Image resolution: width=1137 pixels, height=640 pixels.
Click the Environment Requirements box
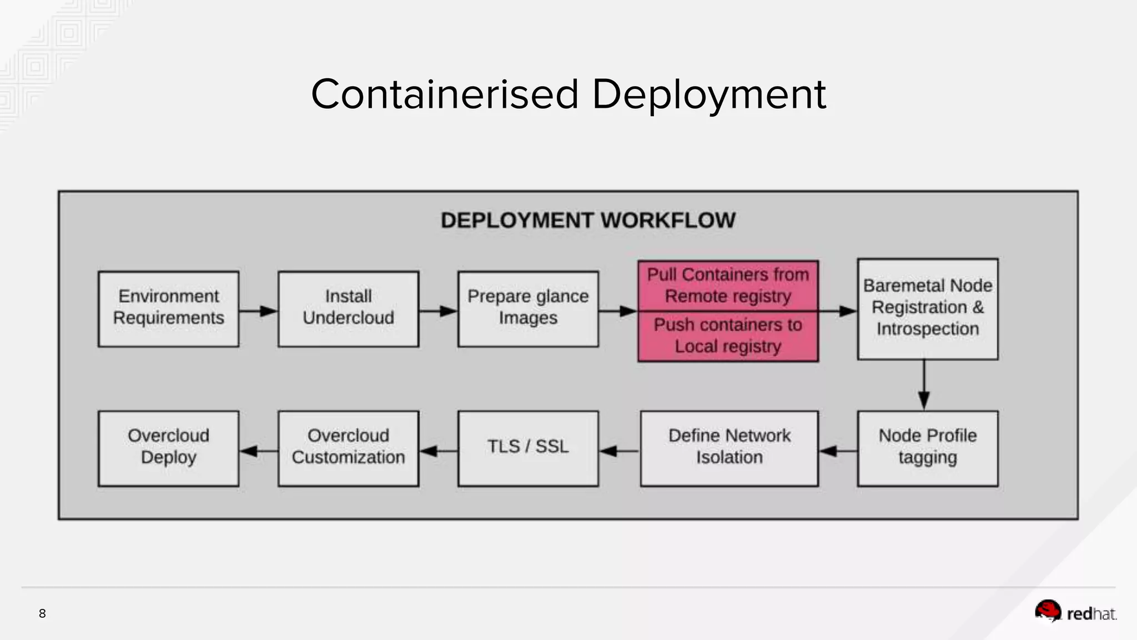pos(168,309)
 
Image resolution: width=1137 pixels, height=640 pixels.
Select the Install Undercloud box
pos(348,309)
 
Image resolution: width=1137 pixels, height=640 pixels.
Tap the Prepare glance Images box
pos(528,309)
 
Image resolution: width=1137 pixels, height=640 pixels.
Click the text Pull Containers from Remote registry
pos(728,285)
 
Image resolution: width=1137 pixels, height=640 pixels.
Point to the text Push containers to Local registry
pos(728,336)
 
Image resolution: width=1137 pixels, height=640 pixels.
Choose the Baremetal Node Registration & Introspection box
pos(927,309)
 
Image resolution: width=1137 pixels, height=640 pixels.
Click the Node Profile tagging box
pos(927,448)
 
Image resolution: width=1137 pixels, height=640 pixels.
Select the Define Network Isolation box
pos(729,448)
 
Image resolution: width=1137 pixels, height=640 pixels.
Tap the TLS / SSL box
pos(528,448)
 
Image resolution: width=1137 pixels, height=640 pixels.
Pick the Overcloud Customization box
pos(348,448)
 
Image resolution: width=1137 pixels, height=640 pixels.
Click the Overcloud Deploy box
pos(168,448)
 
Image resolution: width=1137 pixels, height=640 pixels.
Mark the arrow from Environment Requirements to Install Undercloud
pos(259,311)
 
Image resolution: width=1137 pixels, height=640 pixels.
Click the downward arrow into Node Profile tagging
pos(924,386)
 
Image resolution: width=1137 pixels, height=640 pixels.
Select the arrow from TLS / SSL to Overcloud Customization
pos(439,451)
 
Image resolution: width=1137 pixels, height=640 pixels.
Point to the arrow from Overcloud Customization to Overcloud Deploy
pos(259,451)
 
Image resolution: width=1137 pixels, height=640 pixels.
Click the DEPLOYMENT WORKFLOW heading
pos(588,221)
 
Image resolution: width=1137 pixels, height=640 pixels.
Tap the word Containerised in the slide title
pos(445,94)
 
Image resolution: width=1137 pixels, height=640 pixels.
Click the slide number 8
pos(42,613)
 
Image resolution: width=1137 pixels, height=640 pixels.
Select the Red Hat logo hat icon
pos(1048,611)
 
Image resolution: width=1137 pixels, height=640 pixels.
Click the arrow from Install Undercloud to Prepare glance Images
pos(439,311)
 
